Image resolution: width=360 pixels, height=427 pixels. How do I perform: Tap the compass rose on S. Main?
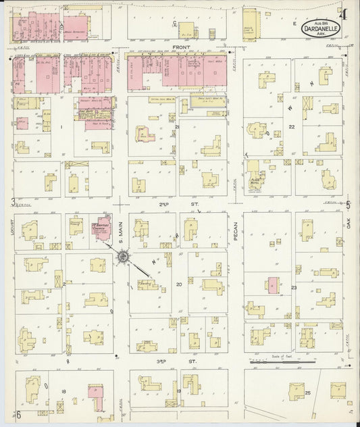coord(124,257)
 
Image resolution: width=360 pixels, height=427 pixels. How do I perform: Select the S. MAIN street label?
coord(122,232)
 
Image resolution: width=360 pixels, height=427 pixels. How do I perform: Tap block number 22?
coord(292,126)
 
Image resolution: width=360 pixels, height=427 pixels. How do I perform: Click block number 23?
coord(293,288)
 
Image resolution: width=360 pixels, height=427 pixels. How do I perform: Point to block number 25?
coord(308,393)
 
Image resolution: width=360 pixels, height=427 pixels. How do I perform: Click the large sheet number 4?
coord(344,14)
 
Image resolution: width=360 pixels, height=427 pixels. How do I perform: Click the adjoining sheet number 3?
coord(13,201)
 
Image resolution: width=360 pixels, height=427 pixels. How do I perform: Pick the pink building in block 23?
coord(272,285)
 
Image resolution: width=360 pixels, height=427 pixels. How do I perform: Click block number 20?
coord(179,284)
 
